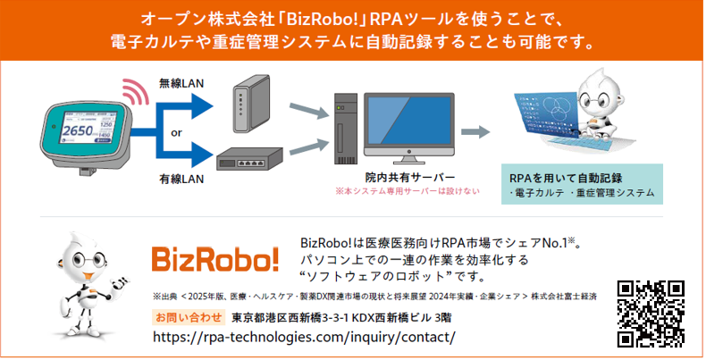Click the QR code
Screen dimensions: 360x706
click(651, 313)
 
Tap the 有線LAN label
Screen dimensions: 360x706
click(181, 179)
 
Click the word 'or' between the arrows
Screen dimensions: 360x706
click(177, 131)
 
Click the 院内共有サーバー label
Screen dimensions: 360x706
click(410, 178)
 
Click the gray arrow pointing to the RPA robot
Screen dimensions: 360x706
click(475, 131)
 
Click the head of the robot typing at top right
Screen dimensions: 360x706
click(593, 92)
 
